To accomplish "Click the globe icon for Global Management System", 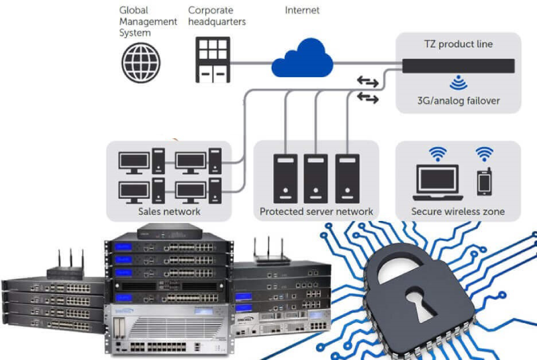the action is tap(141, 62).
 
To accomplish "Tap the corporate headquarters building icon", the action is tap(213, 60).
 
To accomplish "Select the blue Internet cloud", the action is tap(303, 58).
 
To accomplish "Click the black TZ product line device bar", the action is tap(458, 66).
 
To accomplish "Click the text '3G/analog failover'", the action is tap(458, 101).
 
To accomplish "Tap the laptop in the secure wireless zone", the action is tap(438, 183).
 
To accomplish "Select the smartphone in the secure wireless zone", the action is tap(484, 182).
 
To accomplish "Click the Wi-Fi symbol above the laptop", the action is tap(438, 154).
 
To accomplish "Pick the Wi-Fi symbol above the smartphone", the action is tap(484, 154).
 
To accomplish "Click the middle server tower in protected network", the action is tap(315, 179).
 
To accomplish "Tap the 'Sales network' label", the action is tap(169, 212).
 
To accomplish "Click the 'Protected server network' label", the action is tap(316, 212).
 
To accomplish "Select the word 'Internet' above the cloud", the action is tap(302, 10).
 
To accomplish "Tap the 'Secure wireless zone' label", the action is tap(458, 212).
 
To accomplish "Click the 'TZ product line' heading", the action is tap(458, 44).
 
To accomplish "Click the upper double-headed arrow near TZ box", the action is tap(367, 81).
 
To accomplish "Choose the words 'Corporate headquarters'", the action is tap(217, 15).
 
